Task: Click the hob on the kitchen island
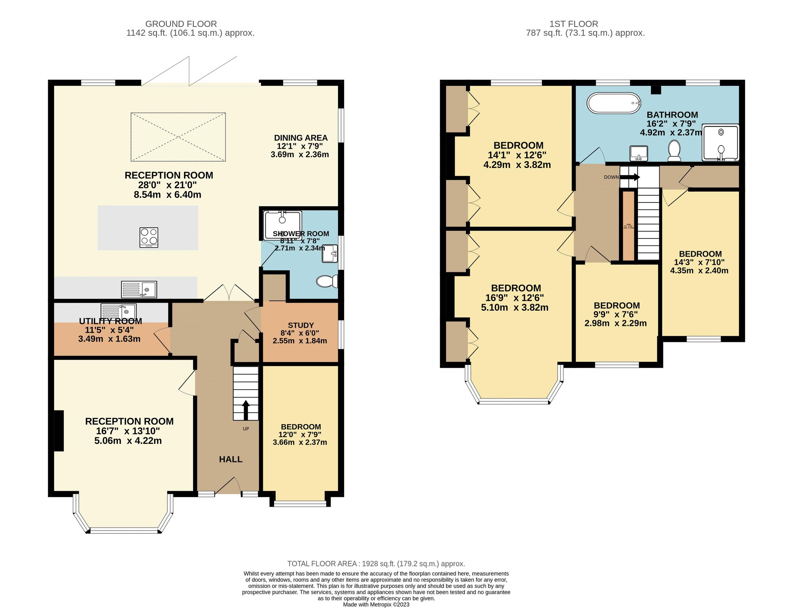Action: [x=149, y=237]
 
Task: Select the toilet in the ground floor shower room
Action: [x=327, y=281]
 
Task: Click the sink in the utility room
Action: [x=118, y=310]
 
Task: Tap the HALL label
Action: [x=230, y=459]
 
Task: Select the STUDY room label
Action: [x=301, y=325]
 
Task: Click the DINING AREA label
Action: [x=301, y=138]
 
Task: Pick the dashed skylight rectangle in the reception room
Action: [x=178, y=137]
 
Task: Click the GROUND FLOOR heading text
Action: [x=181, y=24]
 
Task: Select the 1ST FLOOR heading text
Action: [x=573, y=24]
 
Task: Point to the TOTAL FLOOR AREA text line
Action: [x=376, y=563]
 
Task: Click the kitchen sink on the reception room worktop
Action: [x=139, y=289]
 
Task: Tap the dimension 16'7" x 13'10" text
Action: [x=128, y=431]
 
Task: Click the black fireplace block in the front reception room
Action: [x=59, y=431]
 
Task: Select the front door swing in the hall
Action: [x=228, y=486]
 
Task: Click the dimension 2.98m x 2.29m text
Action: [x=615, y=323]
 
